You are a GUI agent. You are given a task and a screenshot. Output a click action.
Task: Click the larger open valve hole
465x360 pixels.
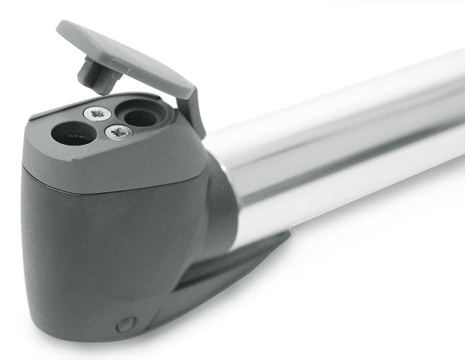(x=74, y=133)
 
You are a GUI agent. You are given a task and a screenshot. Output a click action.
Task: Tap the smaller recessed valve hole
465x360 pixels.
(x=141, y=118)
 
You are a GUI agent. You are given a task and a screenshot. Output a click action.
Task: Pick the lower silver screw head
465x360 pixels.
(x=119, y=132)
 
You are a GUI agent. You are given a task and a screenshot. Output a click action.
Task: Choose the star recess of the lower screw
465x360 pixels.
(x=119, y=132)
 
